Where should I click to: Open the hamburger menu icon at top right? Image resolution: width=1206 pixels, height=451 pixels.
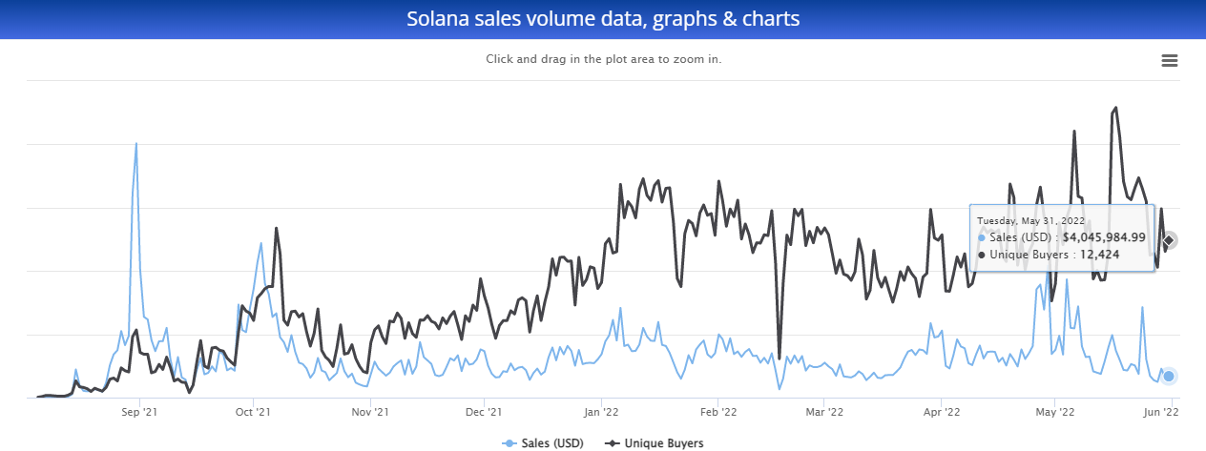pos(1169,61)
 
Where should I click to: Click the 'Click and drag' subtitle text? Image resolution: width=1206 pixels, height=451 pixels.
pos(603,59)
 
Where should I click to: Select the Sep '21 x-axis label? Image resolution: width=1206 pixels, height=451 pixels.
pos(139,413)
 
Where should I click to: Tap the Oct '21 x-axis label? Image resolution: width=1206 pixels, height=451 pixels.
pos(253,413)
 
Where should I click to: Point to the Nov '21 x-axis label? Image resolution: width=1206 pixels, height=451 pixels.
pos(370,413)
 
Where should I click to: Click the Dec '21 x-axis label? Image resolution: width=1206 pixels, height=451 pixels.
pos(484,413)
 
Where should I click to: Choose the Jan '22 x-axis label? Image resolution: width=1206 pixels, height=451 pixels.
pos(601,413)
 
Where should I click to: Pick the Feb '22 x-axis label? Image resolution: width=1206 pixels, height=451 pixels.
pos(718,413)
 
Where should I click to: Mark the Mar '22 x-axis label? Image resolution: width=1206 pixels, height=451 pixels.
pos(824,413)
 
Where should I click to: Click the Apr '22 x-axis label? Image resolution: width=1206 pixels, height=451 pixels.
pos(942,413)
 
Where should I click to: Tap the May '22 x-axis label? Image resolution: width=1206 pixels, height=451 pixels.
pos(1055,413)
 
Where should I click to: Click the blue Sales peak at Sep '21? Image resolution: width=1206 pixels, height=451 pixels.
pos(136,144)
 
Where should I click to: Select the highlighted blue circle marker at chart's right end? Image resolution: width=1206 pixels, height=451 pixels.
pos(1169,376)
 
